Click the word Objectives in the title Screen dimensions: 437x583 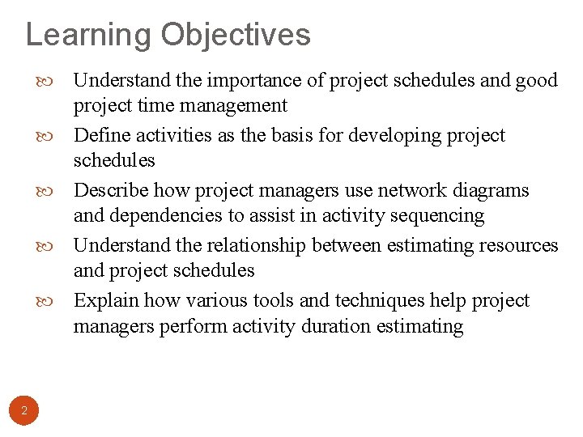[x=236, y=36]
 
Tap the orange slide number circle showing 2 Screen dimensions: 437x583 [x=24, y=411]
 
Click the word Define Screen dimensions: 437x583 [x=101, y=135]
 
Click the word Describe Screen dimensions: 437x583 [x=110, y=190]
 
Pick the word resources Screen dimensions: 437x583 [x=519, y=245]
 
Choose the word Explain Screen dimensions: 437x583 [x=105, y=300]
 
